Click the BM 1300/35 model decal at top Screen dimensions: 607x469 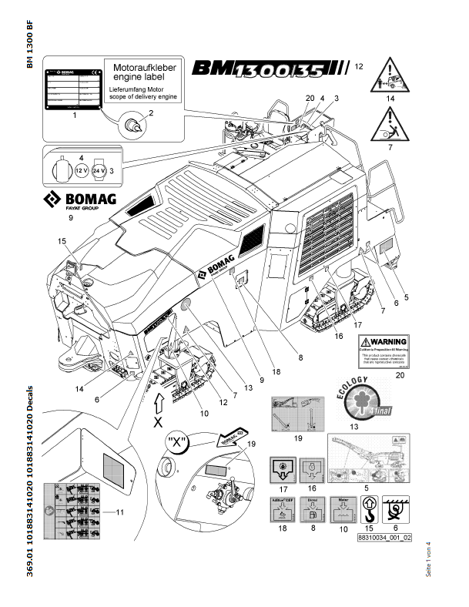point(269,70)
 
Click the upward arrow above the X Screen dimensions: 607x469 point(159,404)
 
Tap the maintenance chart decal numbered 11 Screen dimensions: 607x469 point(74,511)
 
